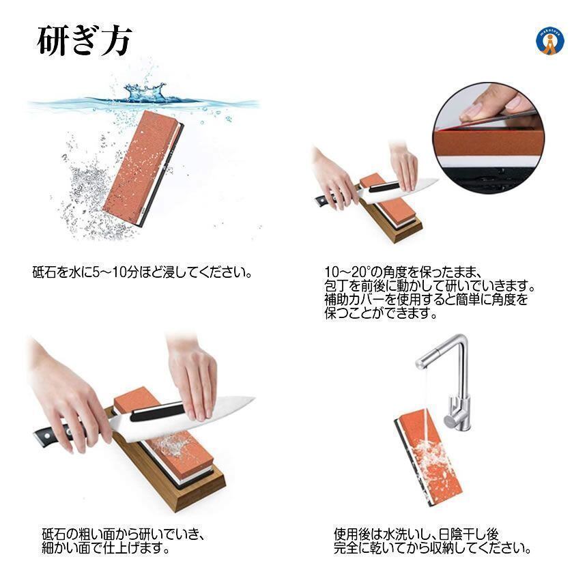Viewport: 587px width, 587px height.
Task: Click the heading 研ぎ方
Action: tap(84, 41)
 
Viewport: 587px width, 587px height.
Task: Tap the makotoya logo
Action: tap(550, 41)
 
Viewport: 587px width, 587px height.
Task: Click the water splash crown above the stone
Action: tap(145, 92)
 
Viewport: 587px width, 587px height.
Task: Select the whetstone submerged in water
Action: tap(143, 169)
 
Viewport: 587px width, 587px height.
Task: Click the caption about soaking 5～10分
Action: tap(142, 272)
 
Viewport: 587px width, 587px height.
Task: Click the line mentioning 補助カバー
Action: tap(427, 300)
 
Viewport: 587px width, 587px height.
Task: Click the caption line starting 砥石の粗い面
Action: tap(123, 534)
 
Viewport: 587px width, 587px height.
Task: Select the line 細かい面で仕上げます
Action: tap(106, 548)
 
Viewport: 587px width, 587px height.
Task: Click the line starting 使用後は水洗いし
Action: tap(416, 534)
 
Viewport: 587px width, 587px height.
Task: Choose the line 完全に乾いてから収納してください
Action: tap(432, 548)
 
